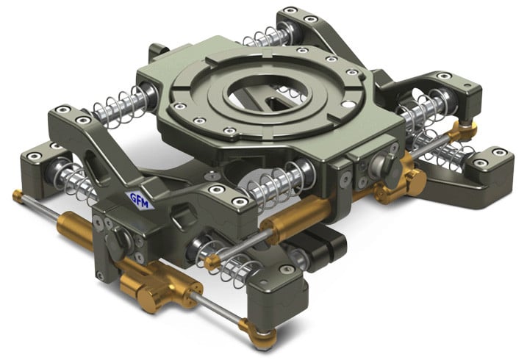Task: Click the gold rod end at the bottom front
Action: pyautogui.click(x=258, y=334)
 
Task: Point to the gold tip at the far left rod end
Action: pyautogui.click(x=18, y=195)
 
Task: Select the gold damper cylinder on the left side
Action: pyautogui.click(x=75, y=230)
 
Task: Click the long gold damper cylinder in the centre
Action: pyautogui.click(x=295, y=215)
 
